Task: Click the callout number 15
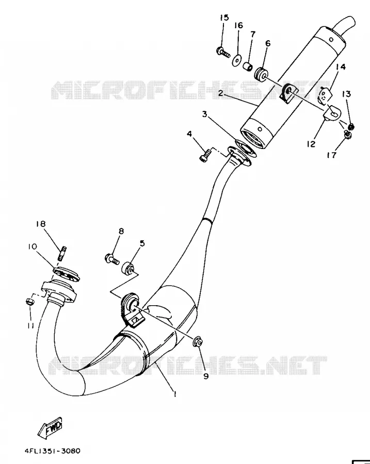[224, 18]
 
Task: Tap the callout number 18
[41, 224]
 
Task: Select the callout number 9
[206, 376]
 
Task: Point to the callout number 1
[175, 394]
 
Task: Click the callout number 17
[332, 155]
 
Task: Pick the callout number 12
[311, 144]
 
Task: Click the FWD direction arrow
[50, 427]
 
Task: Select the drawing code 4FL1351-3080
[53, 451]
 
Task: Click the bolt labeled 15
[223, 53]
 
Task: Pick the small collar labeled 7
[248, 67]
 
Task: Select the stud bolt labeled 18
[63, 253]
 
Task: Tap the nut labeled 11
[30, 302]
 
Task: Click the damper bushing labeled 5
[127, 268]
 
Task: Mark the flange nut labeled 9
[198, 342]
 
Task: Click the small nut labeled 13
[351, 127]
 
